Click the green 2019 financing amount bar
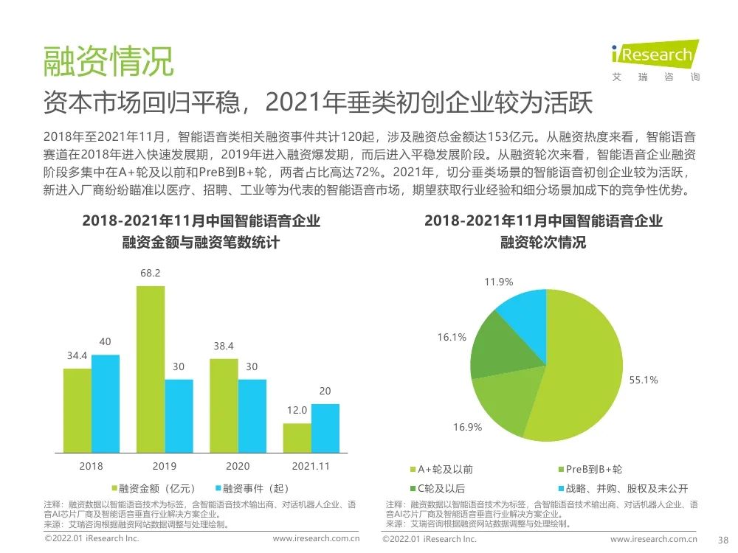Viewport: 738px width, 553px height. point(151,369)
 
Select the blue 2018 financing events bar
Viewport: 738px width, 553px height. point(105,403)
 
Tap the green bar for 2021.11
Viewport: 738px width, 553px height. point(297,437)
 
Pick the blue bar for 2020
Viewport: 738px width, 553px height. point(252,415)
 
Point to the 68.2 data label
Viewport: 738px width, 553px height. point(151,274)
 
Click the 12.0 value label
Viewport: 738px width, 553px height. point(297,411)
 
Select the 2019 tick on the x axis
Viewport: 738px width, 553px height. point(165,466)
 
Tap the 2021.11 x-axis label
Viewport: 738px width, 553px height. point(310,466)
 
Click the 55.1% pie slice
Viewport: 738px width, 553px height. point(583,383)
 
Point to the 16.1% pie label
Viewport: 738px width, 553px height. point(451,337)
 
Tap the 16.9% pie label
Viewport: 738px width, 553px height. point(467,427)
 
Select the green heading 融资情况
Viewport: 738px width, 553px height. point(108,62)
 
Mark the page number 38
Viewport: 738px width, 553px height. point(723,539)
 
